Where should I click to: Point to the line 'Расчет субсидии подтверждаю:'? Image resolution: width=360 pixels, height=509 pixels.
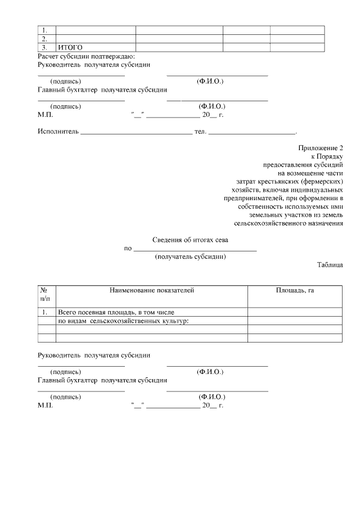[86, 56]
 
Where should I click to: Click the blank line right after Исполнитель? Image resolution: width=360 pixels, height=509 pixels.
[137, 133]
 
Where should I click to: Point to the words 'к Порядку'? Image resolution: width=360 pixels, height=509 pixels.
[327, 156]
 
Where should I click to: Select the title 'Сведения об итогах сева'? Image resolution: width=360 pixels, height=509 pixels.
[191, 240]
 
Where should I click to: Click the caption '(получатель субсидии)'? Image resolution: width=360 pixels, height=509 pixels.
[190, 256]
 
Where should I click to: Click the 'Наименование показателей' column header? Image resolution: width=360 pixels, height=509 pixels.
[151, 290]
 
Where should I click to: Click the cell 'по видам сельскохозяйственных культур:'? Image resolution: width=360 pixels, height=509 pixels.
[123, 321]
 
